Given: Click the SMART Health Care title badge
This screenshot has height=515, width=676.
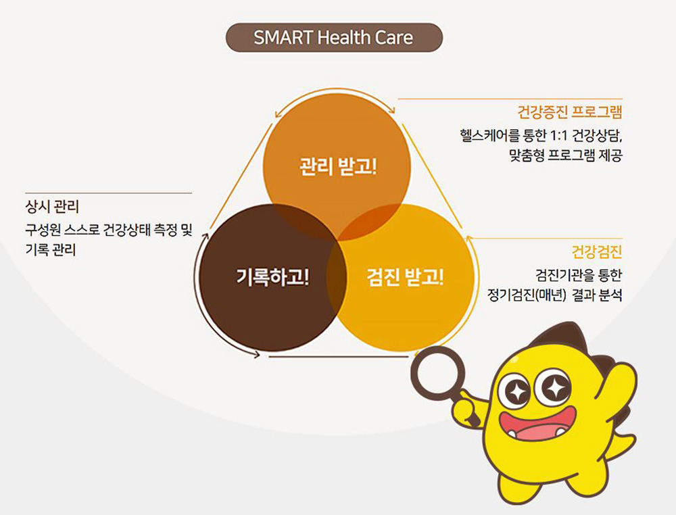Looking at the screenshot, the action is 334,37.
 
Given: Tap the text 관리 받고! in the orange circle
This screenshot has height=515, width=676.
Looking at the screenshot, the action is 337,166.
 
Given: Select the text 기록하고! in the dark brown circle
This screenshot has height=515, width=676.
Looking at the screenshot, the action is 272,276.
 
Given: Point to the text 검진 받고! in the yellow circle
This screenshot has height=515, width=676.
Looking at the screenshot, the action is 405,276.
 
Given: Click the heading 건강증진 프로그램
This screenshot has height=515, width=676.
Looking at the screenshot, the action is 569,112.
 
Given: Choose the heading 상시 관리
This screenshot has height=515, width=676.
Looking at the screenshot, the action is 52,207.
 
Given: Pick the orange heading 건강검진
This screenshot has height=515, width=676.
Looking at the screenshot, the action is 597,251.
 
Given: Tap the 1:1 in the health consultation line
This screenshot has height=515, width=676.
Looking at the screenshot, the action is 559,136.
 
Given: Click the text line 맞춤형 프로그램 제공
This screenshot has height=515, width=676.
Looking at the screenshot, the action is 566,155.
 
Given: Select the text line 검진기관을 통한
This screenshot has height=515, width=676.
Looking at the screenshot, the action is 579,275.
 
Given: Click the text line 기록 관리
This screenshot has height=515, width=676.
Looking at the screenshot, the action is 51,249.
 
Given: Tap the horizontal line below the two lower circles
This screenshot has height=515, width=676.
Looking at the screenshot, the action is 339,357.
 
